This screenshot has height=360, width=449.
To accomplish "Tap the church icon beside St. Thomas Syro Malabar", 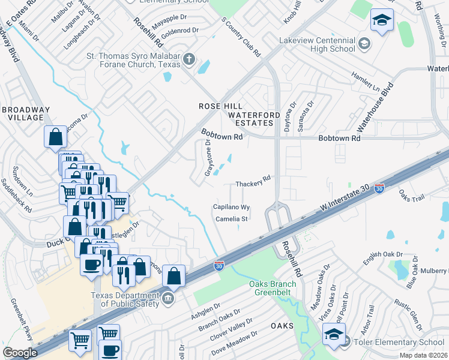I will [x=189, y=59].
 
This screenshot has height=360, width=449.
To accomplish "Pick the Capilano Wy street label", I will [x=231, y=207].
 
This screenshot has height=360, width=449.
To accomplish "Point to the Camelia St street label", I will [x=232, y=219].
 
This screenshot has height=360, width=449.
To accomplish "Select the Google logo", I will [x=20, y=353].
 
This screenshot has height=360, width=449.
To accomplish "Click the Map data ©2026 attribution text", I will [x=421, y=355].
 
